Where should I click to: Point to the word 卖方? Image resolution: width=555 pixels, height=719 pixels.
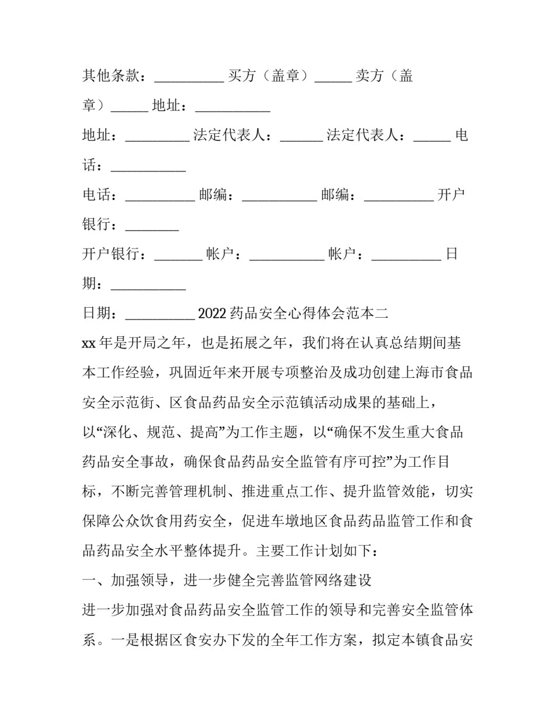370,76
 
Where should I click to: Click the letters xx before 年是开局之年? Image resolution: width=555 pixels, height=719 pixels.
88,343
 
